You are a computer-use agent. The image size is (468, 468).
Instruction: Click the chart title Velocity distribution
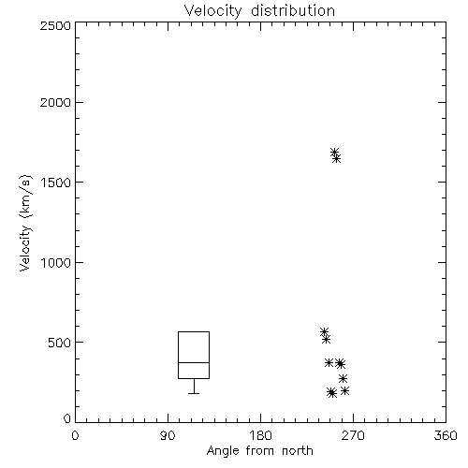click(x=259, y=11)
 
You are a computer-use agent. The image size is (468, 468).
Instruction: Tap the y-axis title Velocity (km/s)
click(x=25, y=223)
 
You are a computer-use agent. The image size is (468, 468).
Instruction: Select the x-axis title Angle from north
click(x=259, y=450)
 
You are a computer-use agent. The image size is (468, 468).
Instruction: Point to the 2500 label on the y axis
click(x=55, y=25)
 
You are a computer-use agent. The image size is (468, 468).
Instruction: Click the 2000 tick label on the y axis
click(x=55, y=102)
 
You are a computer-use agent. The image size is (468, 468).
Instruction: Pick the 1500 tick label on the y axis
click(x=56, y=183)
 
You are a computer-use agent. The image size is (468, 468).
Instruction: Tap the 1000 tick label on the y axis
click(x=56, y=262)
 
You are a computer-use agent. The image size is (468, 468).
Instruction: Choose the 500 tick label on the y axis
click(x=60, y=343)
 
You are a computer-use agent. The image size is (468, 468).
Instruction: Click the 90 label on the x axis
click(x=168, y=435)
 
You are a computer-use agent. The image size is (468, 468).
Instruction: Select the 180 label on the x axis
click(x=260, y=435)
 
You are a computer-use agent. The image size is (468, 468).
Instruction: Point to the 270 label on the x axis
click(x=353, y=435)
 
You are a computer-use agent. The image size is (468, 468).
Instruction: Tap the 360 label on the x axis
click(x=446, y=435)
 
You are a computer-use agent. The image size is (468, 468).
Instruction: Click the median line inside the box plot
click(x=194, y=362)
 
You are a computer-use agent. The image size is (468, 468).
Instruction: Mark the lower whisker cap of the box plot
click(x=194, y=393)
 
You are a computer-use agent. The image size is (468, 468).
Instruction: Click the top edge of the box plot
click(x=194, y=331)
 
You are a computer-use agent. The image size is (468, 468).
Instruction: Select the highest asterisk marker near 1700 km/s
click(x=335, y=153)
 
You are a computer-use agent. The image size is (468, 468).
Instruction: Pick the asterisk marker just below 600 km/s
click(x=325, y=332)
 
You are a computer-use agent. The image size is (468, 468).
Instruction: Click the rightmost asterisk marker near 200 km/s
click(x=344, y=390)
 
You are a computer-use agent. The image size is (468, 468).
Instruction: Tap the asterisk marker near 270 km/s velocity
click(x=343, y=378)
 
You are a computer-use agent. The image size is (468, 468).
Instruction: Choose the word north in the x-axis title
click(x=298, y=450)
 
